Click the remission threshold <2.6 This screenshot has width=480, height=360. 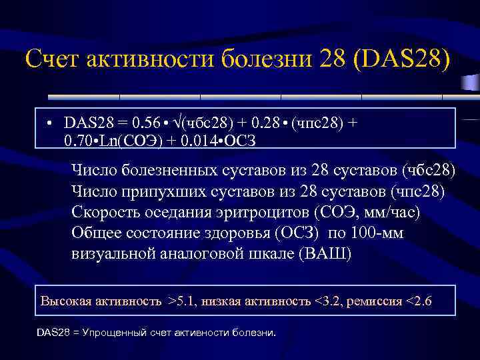pyautogui.click(x=416, y=301)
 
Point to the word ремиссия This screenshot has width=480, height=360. pyautogui.click(x=373, y=301)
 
